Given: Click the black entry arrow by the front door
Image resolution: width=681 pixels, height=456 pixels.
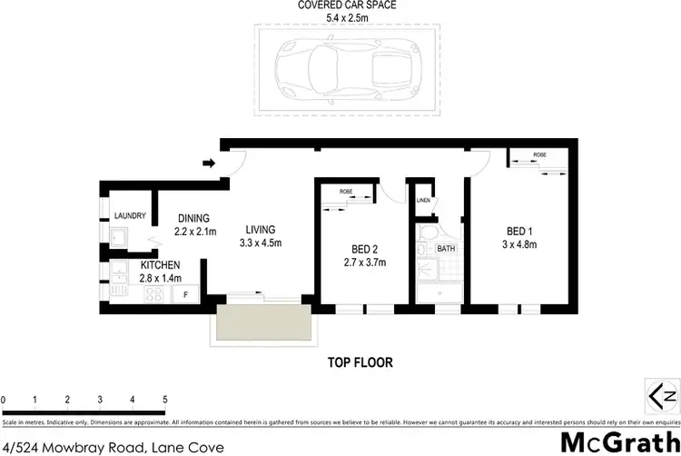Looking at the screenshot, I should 208,164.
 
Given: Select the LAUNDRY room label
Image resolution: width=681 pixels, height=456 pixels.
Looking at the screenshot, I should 131,215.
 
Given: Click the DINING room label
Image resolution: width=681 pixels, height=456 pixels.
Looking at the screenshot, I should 193,218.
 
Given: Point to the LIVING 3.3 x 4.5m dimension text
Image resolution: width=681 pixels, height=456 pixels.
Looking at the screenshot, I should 260,243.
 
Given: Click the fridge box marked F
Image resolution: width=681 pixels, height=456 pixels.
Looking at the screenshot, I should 186,294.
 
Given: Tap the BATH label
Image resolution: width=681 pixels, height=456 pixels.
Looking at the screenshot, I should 446,248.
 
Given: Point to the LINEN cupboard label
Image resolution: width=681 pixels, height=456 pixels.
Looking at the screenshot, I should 422,200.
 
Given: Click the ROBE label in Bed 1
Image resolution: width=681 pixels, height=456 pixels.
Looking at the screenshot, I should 539,155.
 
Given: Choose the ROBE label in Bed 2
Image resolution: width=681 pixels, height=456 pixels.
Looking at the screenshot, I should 346,192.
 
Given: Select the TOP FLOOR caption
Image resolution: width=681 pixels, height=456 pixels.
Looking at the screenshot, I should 360,362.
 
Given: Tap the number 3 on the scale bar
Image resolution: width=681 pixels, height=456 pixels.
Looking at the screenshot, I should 100,400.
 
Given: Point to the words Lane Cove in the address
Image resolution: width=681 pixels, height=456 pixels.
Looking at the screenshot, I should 188,447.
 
